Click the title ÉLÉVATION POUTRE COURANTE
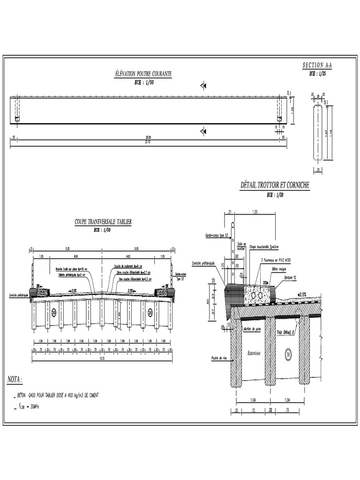point(143,74)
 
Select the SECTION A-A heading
point(320,66)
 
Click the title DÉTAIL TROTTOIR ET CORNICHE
point(275,186)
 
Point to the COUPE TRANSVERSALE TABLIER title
point(103,221)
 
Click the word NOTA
point(15,379)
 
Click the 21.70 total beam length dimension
point(149,141)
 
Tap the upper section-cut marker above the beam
point(203,85)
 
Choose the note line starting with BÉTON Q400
point(59,395)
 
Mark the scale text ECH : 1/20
point(275,195)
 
